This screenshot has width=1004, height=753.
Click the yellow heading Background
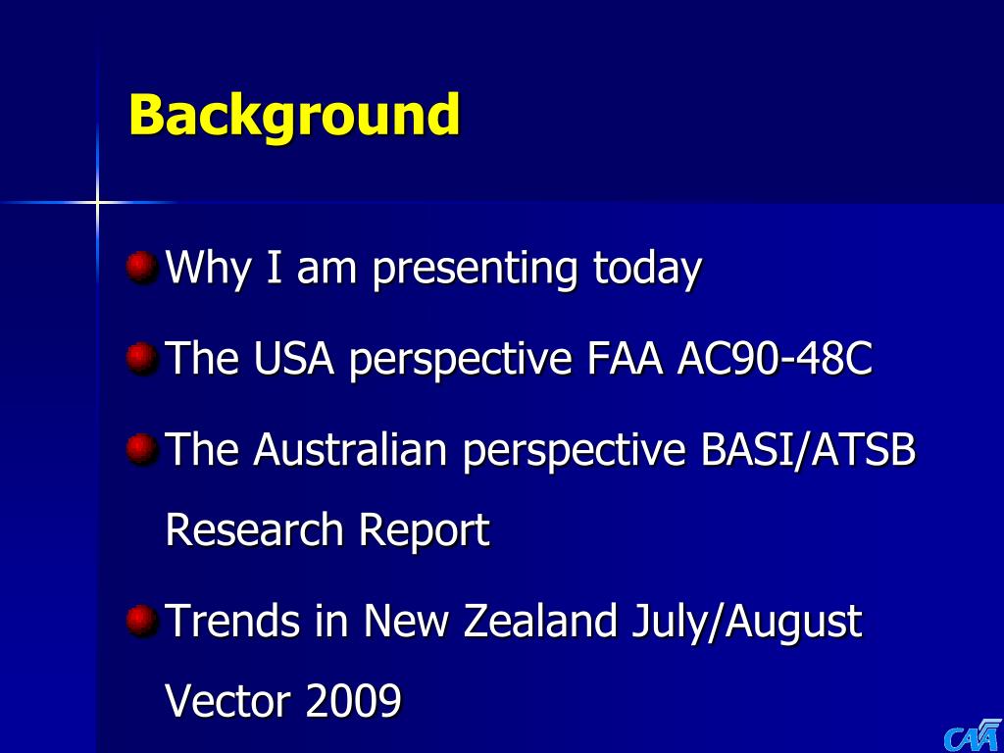point(294,115)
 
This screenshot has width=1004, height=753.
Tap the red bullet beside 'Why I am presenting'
point(141,267)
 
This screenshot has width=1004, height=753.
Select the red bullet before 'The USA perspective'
point(141,359)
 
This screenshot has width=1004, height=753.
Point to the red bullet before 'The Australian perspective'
point(141,449)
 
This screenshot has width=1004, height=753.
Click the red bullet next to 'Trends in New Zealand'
point(141,621)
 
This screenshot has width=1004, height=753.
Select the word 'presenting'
point(476,269)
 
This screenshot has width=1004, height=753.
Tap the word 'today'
point(647,269)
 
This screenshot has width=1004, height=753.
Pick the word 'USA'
point(294,359)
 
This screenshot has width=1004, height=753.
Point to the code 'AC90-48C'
point(775,359)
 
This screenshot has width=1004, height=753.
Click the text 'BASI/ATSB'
point(808,449)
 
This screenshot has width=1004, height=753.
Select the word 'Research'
point(255,529)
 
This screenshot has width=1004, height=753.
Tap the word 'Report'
point(424,531)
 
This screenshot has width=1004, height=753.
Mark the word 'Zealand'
point(540,621)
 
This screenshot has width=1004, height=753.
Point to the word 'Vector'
point(228,701)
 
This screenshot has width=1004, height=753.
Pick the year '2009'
point(353,701)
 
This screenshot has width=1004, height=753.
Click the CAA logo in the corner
point(973,735)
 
